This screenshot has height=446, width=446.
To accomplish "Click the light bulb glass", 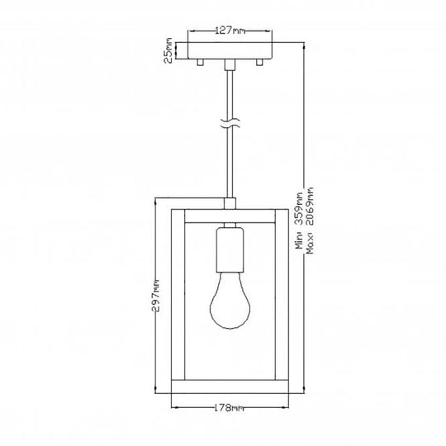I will tap(230, 306).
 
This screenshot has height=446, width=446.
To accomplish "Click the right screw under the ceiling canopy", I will tap(259, 64).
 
